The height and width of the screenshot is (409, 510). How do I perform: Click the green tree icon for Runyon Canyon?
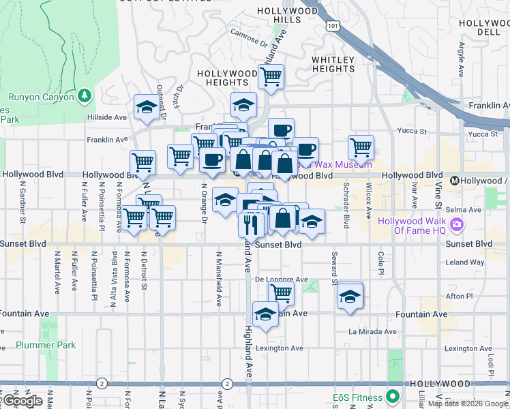pyautogui.click(x=85, y=97)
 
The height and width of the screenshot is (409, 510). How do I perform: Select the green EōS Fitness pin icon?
pyautogui.click(x=392, y=395)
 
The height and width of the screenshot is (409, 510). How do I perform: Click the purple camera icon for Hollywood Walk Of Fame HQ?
pyautogui.click(x=457, y=224)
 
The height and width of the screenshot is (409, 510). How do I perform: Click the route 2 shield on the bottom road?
pyautogui.click(x=102, y=383)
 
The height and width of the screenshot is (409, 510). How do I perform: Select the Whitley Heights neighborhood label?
pyautogui.click(x=333, y=65)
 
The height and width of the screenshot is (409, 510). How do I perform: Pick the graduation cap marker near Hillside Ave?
pyautogui.click(x=146, y=106)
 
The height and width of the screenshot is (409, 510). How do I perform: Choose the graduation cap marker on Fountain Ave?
pyautogui.click(x=265, y=314)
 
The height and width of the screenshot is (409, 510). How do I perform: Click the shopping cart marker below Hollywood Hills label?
pyautogui.click(x=271, y=78)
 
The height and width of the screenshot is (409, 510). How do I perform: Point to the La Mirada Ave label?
pyautogui.click(x=372, y=331)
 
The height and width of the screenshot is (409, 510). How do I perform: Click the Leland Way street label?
pyautogui.click(x=465, y=262)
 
